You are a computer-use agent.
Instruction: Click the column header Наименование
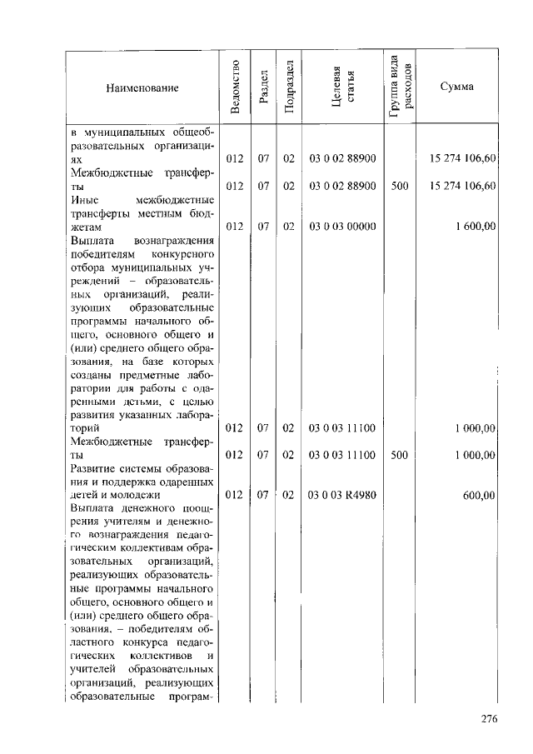point(142,88)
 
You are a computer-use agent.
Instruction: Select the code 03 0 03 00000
point(342,227)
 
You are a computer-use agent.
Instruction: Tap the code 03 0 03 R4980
point(342,495)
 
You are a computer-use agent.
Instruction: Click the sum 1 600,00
point(476,227)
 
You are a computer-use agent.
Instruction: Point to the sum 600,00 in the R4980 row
point(480,495)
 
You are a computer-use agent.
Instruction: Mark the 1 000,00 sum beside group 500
point(476,455)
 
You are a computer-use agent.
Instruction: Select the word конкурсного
point(184,253)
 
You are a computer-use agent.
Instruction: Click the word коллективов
point(162,657)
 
